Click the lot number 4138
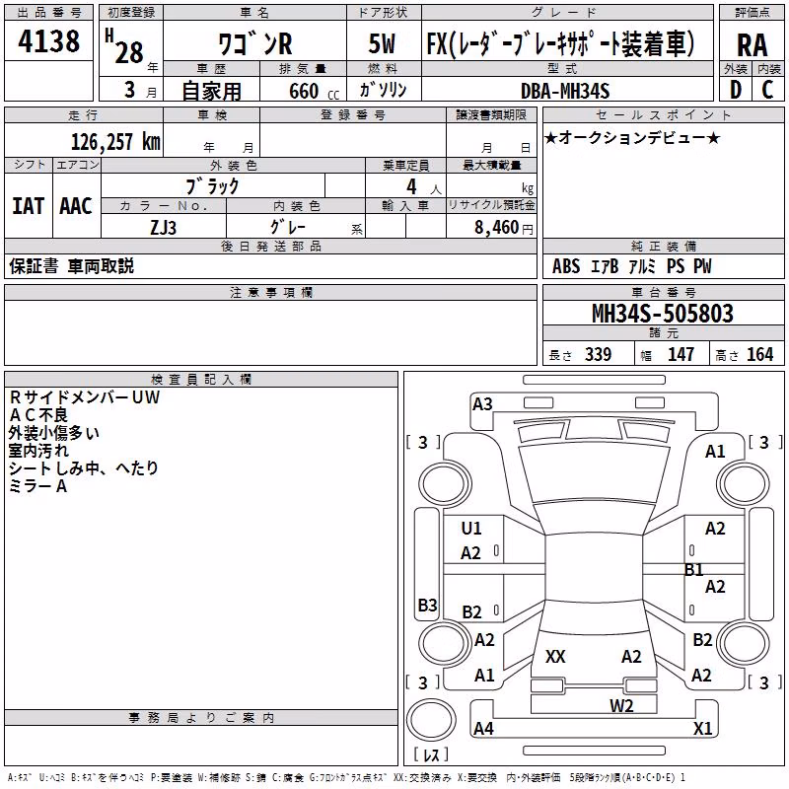pos(48,40)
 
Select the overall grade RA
pos(753,45)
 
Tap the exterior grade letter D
pos(736,90)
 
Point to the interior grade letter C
pos(767,90)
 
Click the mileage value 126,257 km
pos(115,142)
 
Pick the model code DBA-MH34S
pos(565,91)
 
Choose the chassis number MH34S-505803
pos(663,314)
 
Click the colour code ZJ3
pos(163,228)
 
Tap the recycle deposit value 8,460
pos(496,228)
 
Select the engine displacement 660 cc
pos(314,91)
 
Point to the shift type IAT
pos(28,206)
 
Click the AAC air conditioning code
pos(76,206)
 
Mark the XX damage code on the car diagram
pos(555,656)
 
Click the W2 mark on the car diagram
pos(621,705)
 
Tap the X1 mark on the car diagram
pos(703,728)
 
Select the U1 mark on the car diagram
pos(471,528)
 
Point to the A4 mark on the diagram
pos(483,728)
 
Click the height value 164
pos(759,354)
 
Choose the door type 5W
pos(382,43)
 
